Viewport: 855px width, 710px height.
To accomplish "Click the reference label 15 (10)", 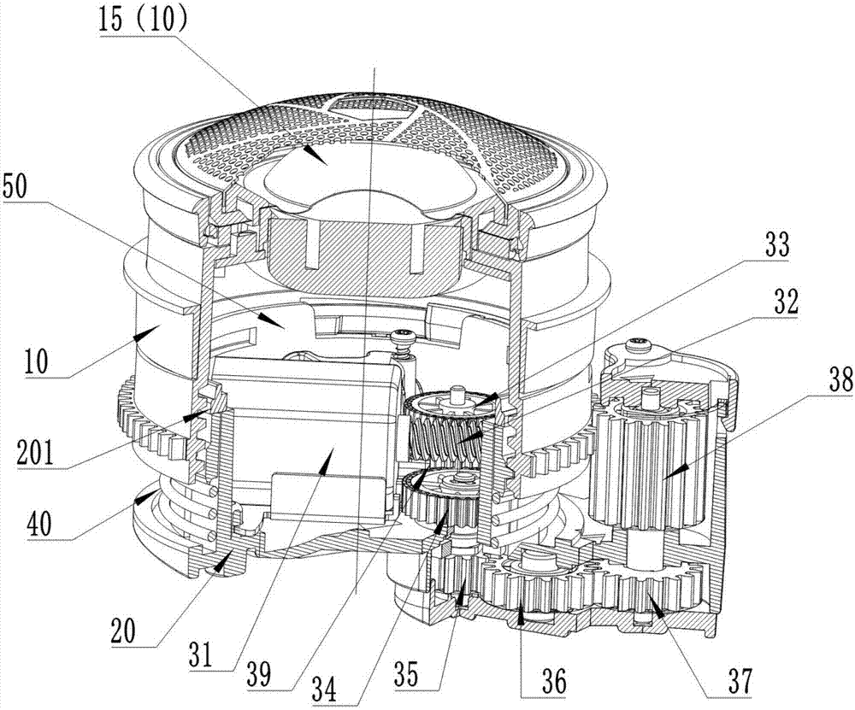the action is coord(144,21).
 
